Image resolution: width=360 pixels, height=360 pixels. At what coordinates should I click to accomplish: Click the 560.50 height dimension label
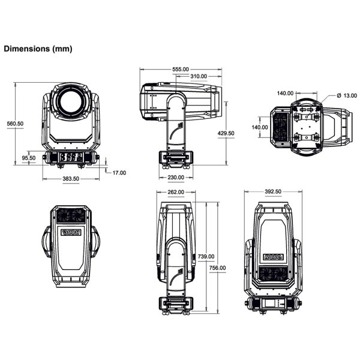pyautogui.click(x=14, y=124)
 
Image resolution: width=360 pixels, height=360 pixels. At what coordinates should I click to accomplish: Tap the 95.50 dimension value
pyautogui.click(x=29, y=158)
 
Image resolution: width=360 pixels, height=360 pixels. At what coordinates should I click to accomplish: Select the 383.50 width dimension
pyautogui.click(x=71, y=179)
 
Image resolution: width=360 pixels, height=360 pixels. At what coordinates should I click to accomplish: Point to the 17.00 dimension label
pyautogui.click(x=119, y=173)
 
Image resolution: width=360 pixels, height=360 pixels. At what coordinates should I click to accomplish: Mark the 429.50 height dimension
pyautogui.click(x=226, y=133)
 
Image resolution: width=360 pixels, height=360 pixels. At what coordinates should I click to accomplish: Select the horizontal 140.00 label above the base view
pyautogui.click(x=286, y=93)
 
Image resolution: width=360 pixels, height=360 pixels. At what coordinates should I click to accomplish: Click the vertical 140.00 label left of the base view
pyautogui.click(x=260, y=128)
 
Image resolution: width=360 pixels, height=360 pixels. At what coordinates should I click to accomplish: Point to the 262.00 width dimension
pyautogui.click(x=175, y=193)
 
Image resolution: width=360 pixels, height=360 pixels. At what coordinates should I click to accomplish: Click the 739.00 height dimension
pyautogui.click(x=206, y=256)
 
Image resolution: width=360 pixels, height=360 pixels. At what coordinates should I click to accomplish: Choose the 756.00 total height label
pyautogui.click(x=218, y=268)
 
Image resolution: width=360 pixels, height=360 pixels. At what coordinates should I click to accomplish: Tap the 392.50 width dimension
pyautogui.click(x=273, y=193)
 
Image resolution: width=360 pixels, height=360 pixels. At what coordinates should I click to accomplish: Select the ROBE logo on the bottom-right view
pyautogui.click(x=273, y=257)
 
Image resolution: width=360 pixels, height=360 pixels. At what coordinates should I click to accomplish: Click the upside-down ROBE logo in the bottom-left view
pyautogui.click(x=71, y=232)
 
